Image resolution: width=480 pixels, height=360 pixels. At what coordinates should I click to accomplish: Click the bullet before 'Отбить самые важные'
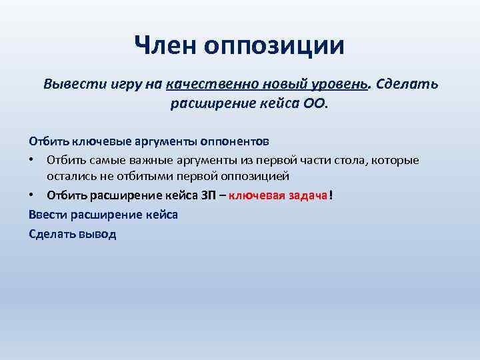32,161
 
